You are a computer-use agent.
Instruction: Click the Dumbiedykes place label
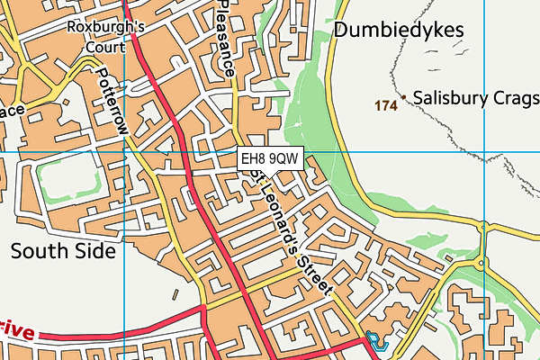(399, 31)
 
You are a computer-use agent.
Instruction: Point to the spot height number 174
(386, 106)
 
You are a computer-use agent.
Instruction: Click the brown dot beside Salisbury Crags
(405, 97)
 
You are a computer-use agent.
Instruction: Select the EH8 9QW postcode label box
(270, 159)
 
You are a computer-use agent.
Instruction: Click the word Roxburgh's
(106, 26)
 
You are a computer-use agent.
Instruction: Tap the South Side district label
(63, 251)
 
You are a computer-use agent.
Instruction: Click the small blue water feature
(373, 342)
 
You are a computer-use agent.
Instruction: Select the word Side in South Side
(96, 251)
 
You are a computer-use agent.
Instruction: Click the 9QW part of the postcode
(284, 159)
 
